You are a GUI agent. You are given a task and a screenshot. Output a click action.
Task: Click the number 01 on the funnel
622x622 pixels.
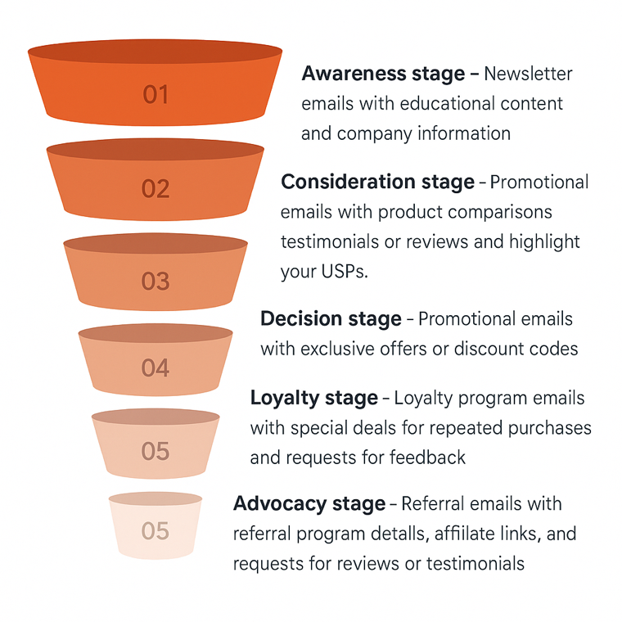click(x=155, y=94)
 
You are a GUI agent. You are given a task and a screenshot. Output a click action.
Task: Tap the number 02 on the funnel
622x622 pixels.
click(x=155, y=188)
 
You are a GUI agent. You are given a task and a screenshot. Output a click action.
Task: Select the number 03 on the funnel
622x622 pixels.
click(x=155, y=282)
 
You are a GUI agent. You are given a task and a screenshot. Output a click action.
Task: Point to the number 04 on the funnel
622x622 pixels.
click(x=155, y=367)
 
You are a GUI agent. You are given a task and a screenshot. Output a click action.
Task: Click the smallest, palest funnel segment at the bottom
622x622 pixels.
click(x=155, y=525)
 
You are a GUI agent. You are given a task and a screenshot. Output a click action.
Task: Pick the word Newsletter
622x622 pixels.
click(x=528, y=74)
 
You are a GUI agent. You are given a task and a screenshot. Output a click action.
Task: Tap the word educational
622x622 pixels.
click(x=448, y=104)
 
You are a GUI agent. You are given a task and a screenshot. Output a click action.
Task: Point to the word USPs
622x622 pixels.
click(x=345, y=272)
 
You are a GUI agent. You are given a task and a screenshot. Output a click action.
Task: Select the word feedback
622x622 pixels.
click(x=427, y=457)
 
